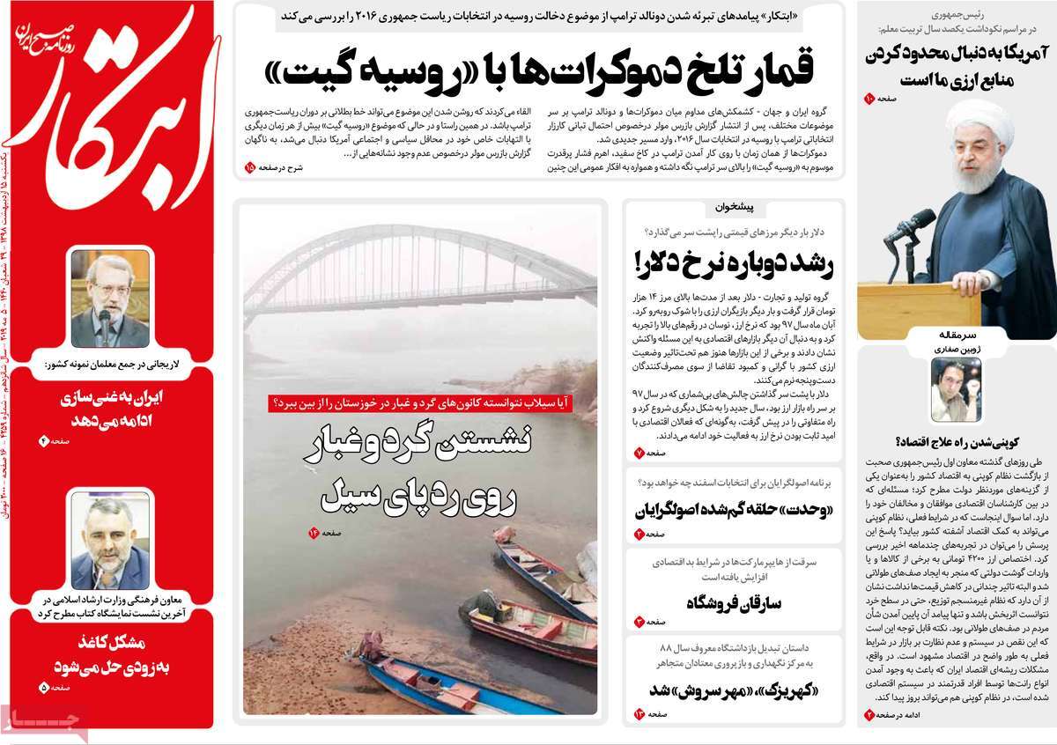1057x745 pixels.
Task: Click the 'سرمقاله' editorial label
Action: click(956, 336)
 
